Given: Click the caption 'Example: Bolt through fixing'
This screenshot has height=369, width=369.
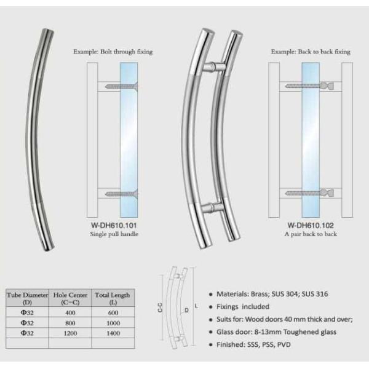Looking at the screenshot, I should (x=113, y=52).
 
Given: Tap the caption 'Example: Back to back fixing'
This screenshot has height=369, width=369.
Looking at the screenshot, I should (x=311, y=52).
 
